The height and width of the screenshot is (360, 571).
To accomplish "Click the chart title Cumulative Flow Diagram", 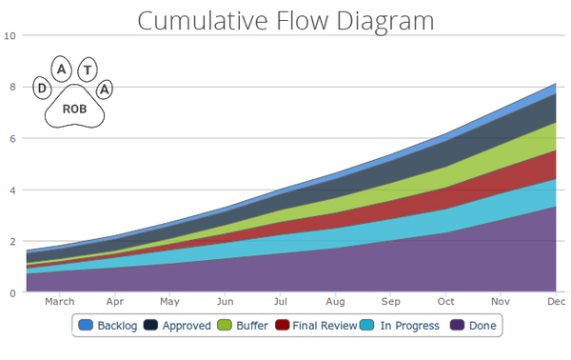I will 285,20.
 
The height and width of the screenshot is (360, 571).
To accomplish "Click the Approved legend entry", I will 178,326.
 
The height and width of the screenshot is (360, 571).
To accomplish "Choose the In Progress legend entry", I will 402,326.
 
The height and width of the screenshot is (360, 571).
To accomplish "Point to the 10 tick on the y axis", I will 10,36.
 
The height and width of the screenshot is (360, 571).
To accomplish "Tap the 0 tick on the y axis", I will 11,293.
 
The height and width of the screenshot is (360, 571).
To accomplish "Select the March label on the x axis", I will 60,302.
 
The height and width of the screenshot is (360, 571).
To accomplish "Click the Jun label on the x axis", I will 226,302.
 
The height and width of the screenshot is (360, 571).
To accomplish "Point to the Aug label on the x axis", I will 335,302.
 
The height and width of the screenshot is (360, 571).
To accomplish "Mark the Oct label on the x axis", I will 445,302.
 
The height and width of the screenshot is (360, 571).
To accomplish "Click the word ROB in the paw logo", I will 74,109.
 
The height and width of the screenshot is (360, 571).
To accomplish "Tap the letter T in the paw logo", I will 88,69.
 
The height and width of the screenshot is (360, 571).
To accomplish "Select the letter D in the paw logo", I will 42,89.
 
